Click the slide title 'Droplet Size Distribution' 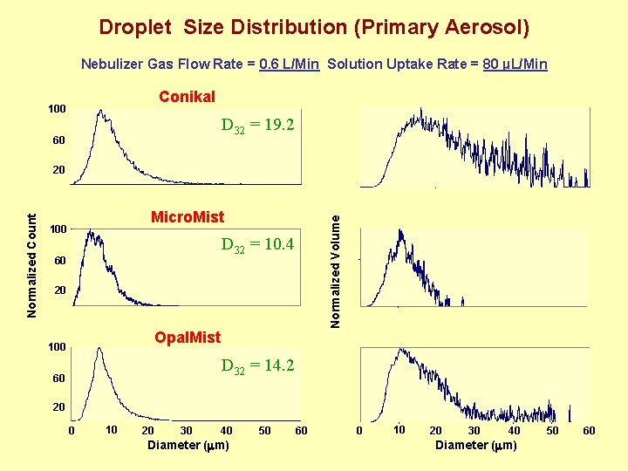tap(313, 27)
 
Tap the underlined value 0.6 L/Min tap(290, 64)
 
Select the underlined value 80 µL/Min tap(515, 64)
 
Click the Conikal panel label tap(187, 97)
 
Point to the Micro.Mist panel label tap(188, 216)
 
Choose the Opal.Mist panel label tap(187, 337)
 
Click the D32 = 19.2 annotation tap(257, 126)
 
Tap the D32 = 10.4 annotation tap(257, 245)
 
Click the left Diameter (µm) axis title tap(189, 446)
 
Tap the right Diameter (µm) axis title tap(476, 446)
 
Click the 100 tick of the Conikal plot tap(56, 109)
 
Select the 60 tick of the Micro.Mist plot tap(59, 261)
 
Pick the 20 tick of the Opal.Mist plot tap(59, 407)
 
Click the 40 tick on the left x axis tap(226, 431)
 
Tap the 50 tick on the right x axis tap(552, 431)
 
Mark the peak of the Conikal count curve tap(101, 111)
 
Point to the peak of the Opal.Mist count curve tap(99, 348)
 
